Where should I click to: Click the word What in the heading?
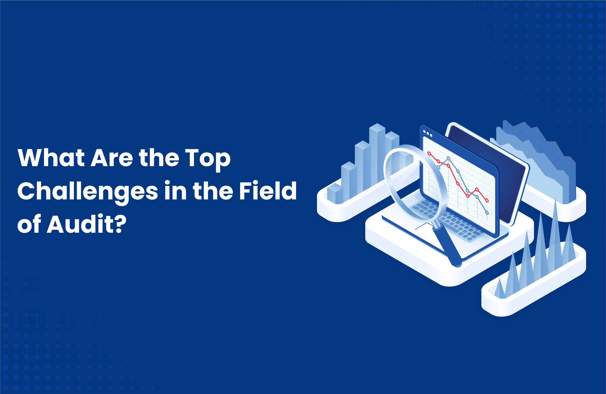(51, 158)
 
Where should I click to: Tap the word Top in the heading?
(207, 158)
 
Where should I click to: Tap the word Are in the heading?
(112, 158)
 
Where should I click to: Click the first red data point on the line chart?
(429, 153)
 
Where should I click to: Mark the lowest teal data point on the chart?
(487, 213)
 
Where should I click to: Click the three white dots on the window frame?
(427, 133)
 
